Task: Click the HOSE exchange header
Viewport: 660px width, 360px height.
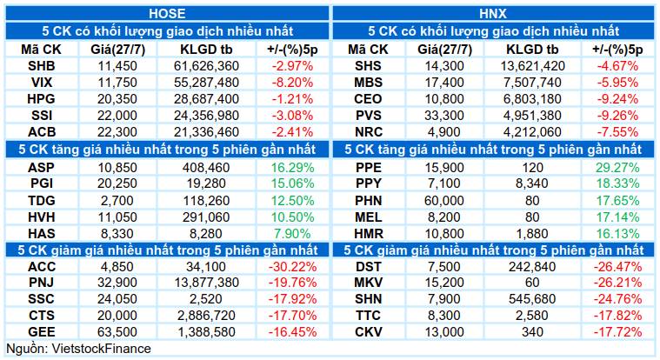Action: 167,13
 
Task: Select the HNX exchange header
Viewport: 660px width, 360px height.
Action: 493,13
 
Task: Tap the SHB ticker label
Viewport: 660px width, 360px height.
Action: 41,66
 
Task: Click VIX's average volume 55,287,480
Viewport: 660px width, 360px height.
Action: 206,82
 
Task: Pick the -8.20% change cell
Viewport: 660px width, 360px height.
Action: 292,82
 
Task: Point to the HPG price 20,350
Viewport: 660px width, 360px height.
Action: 117,99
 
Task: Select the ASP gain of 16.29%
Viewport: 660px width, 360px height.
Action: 292,168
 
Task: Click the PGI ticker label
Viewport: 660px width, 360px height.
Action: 41,183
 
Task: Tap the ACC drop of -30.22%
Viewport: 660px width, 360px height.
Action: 292,267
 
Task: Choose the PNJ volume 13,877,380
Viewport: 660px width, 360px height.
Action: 206,283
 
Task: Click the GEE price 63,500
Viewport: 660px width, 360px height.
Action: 117,332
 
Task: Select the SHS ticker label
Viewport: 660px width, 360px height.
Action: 368,66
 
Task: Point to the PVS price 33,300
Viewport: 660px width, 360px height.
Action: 444,116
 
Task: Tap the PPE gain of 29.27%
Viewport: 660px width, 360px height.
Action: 617,168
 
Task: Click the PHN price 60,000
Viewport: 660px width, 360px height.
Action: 444,200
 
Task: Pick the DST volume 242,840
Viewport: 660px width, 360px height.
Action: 532,267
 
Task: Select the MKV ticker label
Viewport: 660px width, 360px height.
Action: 368,283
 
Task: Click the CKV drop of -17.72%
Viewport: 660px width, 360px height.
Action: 617,332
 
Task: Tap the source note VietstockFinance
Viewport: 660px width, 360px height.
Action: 101,349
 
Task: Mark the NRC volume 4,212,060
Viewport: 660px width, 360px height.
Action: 532,132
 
